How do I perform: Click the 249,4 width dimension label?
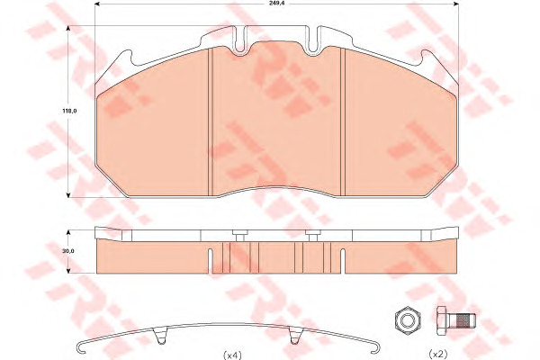[x=276, y=3]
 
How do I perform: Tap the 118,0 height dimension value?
[x=69, y=111]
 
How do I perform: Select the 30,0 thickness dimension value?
[x=68, y=251]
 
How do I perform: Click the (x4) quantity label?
[x=233, y=355]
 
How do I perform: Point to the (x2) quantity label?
[x=438, y=354]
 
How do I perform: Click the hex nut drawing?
[x=408, y=321]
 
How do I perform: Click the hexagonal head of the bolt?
[x=443, y=321]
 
